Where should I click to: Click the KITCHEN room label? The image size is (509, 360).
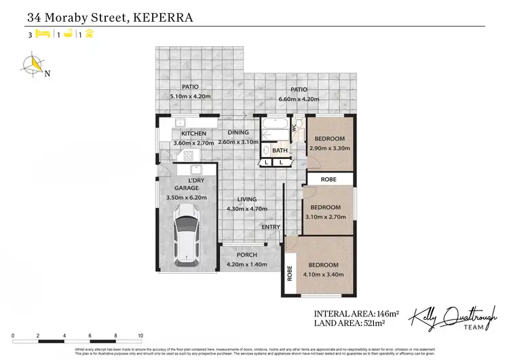click(x=193, y=134)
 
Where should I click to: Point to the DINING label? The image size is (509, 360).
click(x=238, y=133)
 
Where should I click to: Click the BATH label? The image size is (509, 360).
click(x=281, y=151)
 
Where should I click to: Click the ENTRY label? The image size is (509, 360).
click(x=271, y=227)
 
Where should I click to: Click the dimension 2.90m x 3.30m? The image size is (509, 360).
click(x=331, y=148)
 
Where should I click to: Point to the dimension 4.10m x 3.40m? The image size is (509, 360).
click(x=323, y=274)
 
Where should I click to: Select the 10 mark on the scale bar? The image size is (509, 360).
click(x=140, y=336)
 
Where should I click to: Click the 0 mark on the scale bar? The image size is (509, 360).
click(x=13, y=336)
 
